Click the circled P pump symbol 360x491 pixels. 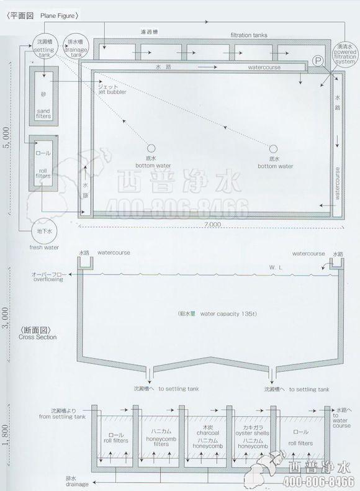point(318,61)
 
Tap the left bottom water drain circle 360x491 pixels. point(151,149)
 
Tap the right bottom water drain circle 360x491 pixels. point(273,149)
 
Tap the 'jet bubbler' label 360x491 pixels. point(112,92)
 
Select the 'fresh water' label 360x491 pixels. point(44,247)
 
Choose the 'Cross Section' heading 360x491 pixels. point(38,337)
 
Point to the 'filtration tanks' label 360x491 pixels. point(249,35)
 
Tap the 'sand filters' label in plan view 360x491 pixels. point(43,114)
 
